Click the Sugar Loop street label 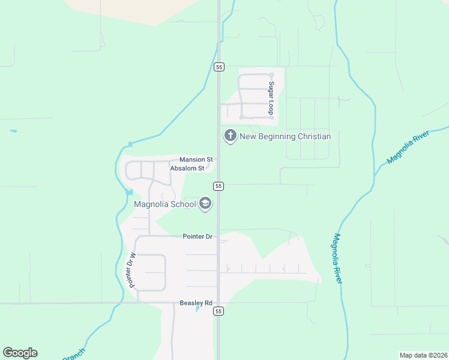pos(271,98)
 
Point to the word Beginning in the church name pos(273,136)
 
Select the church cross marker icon pos(230,136)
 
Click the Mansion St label pos(196,160)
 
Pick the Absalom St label pos(188,169)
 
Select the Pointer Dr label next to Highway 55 pos(197,236)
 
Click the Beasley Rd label pos(196,304)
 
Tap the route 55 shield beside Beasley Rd pos(218,311)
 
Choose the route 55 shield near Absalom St pos(218,186)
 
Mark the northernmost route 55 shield pos(218,67)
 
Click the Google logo pos(20,353)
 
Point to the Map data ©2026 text pos(422,355)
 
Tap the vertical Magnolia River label pos(337,259)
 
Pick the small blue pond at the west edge pos(13,130)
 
